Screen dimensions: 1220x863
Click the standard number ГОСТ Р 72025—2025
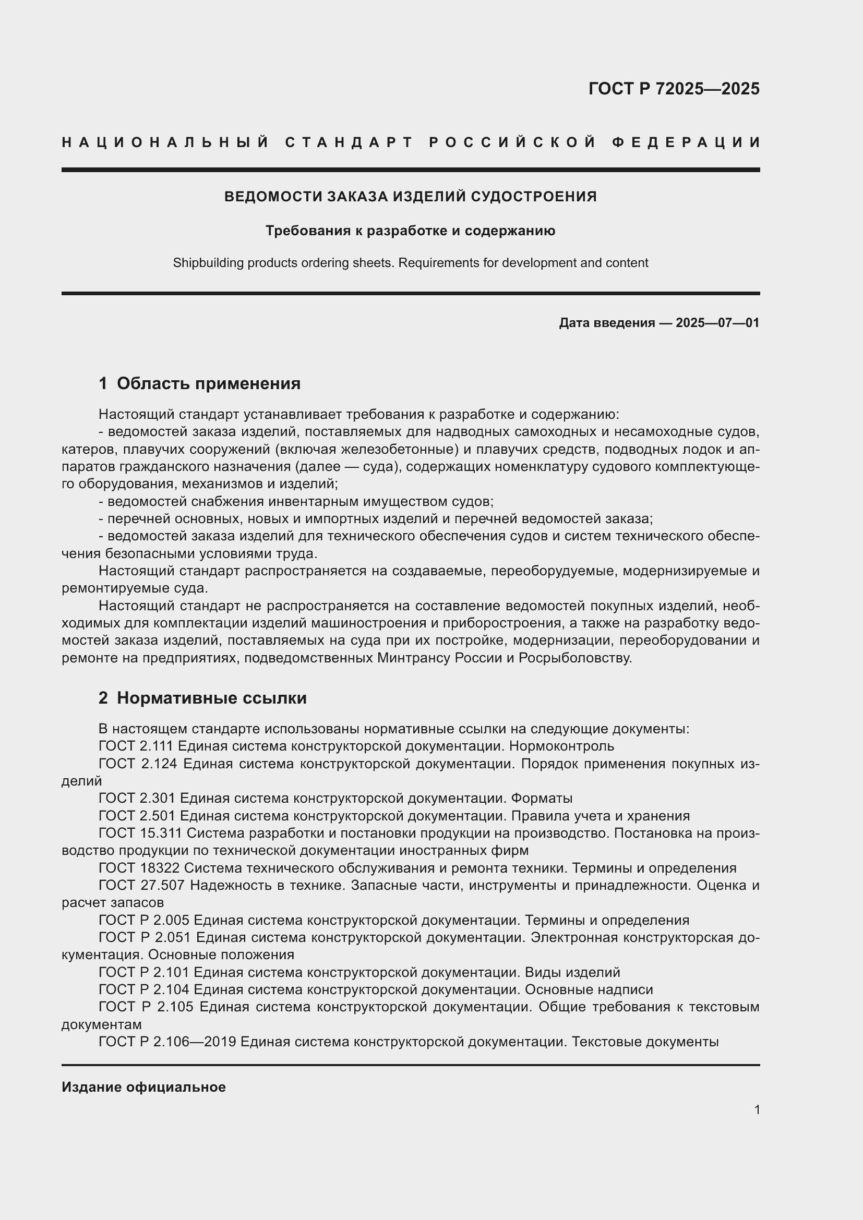(x=674, y=89)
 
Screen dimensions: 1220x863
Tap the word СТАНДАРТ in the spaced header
(x=349, y=142)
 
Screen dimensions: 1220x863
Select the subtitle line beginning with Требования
(x=410, y=231)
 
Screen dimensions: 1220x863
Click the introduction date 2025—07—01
(x=717, y=322)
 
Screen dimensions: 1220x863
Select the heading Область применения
(x=208, y=383)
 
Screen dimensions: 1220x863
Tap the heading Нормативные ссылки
(x=211, y=698)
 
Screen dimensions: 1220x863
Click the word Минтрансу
(x=414, y=658)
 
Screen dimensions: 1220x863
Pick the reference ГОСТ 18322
(x=139, y=868)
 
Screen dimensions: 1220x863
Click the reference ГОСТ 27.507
(x=141, y=886)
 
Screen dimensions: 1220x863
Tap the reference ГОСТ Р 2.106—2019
(x=167, y=1042)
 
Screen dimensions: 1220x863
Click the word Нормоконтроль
(x=561, y=746)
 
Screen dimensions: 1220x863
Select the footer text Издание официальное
(x=143, y=1087)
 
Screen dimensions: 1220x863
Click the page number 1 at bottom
(x=757, y=1109)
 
